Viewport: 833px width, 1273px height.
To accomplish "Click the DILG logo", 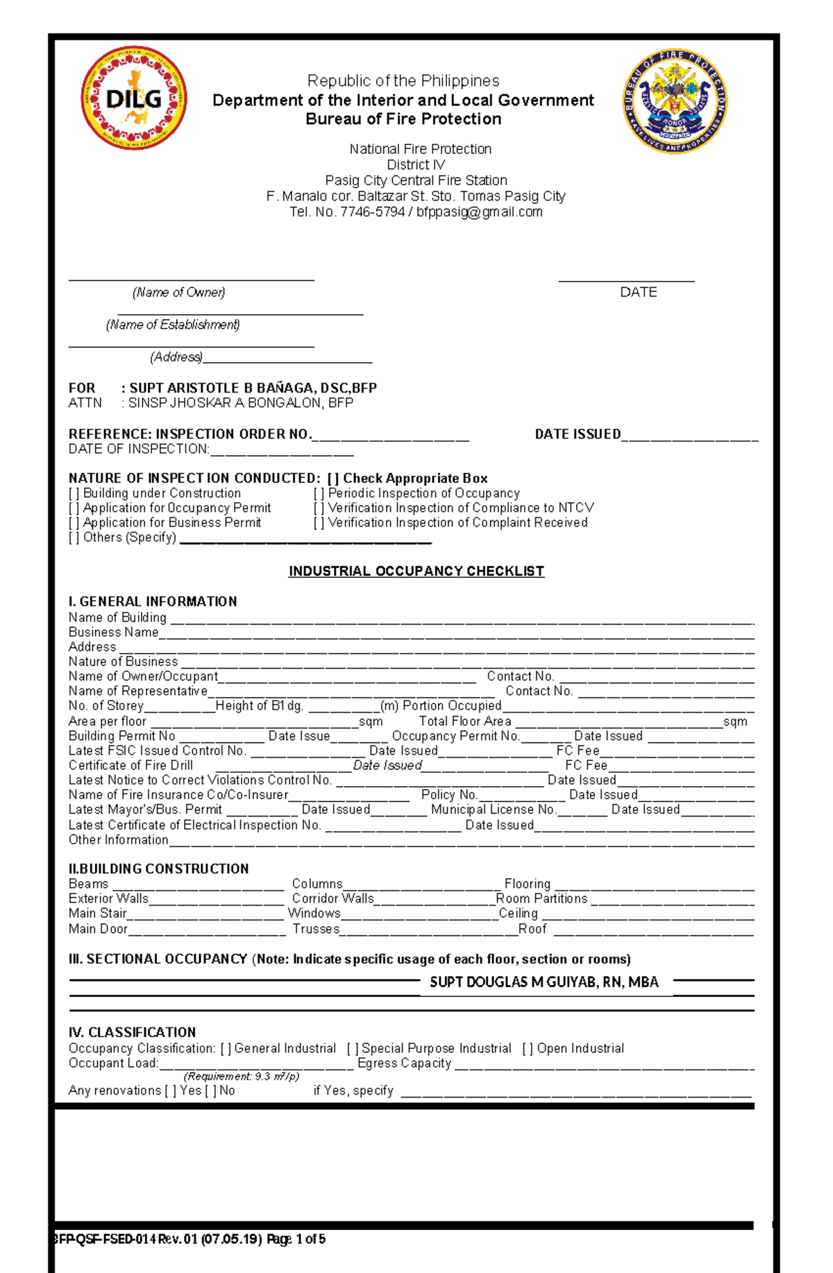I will coord(134,99).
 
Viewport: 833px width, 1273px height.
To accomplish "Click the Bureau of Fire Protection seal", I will coord(675,101).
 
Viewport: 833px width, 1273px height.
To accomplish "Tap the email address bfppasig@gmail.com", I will coord(479,212).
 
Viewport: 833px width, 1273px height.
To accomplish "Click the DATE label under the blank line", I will coord(638,292).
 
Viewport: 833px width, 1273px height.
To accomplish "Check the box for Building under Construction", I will coord(74,493).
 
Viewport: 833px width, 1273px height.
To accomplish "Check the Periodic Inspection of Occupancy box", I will coord(319,493).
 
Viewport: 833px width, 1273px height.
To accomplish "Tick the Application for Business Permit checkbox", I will coord(74,523).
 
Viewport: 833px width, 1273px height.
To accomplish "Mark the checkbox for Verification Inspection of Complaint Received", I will coord(319,523).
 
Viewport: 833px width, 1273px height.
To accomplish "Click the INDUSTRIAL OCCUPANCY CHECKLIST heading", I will coord(416,571).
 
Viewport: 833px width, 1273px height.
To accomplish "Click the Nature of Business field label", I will coord(123,662).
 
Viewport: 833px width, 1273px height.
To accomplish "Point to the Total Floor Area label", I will coord(464,721).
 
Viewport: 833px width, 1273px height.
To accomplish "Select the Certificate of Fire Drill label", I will coord(131,765).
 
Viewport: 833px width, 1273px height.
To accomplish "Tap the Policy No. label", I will coord(448,795).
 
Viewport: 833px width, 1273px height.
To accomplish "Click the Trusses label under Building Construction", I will coord(316,929).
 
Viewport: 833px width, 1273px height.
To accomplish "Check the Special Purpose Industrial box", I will coord(353,1048).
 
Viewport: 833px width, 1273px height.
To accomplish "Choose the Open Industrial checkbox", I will coord(528,1048).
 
